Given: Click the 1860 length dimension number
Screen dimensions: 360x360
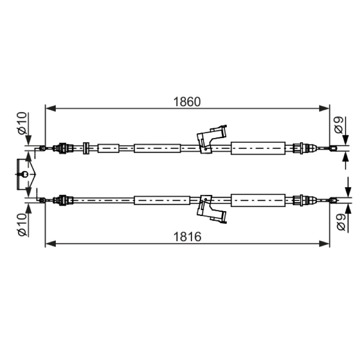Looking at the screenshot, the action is pyautogui.click(x=187, y=102).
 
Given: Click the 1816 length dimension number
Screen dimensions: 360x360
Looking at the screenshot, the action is pyautogui.click(x=187, y=237).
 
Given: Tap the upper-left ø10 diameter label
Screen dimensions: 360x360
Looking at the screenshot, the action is pyautogui.click(x=22, y=123).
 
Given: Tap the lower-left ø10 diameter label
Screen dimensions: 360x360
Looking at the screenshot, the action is pyautogui.click(x=22, y=225).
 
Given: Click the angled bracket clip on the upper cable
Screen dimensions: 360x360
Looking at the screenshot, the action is pyautogui.click(x=211, y=139).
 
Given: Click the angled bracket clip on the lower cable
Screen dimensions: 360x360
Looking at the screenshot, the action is pyautogui.click(x=211, y=209).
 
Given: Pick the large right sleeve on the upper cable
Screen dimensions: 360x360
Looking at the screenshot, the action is pyautogui.click(x=258, y=148).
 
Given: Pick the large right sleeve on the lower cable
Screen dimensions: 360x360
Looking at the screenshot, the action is pyautogui.click(x=258, y=200).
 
